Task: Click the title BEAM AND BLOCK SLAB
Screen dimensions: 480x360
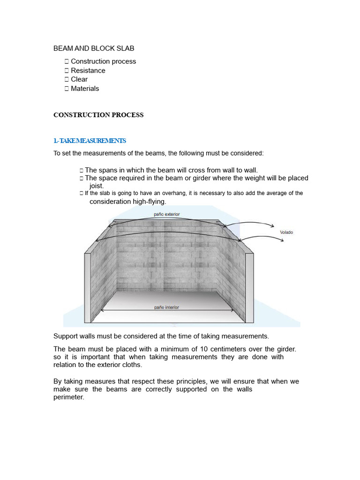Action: (94, 48)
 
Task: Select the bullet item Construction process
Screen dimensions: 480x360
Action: (103, 61)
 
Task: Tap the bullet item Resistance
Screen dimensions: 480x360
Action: (88, 70)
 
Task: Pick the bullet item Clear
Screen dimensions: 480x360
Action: (79, 79)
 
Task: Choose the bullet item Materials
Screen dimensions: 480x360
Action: (85, 88)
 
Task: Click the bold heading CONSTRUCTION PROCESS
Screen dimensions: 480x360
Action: (98, 115)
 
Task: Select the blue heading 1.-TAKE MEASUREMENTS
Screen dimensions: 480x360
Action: (90, 141)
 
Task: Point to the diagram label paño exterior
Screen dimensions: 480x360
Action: (166, 214)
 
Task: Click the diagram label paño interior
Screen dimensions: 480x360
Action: (166, 307)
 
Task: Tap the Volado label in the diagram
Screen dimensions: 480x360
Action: (286, 232)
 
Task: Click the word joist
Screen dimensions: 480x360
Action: (97, 186)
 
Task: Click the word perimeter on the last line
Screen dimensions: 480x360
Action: (68, 397)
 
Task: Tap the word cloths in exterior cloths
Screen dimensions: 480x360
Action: (132, 365)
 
